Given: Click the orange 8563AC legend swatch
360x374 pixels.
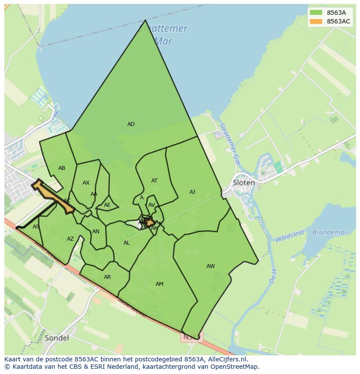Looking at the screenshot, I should [x=317, y=21].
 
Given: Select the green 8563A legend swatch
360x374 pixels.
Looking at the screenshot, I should [x=317, y=13].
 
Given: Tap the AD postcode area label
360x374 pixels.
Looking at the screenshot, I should [x=131, y=124].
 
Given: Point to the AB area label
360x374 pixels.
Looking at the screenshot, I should [x=62, y=168].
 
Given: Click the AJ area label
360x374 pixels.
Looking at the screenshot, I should [x=192, y=192].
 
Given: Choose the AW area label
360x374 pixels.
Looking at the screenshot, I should [x=210, y=266].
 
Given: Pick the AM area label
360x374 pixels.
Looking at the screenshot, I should [x=160, y=284].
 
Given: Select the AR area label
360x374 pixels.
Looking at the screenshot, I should [x=107, y=277].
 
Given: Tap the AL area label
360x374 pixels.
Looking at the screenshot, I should [x=127, y=243].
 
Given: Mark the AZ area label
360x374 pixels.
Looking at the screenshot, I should [x=70, y=239].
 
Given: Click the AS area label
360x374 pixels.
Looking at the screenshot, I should [x=36, y=227].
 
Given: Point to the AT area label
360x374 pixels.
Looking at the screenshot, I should [x=154, y=181].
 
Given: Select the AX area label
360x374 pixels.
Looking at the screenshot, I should [x=86, y=183].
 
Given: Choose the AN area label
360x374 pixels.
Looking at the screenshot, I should [x=96, y=232].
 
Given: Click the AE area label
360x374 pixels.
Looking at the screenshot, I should [x=107, y=205].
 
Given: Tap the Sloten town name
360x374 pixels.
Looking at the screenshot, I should [x=244, y=182].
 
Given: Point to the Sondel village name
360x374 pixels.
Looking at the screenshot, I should [x=57, y=338].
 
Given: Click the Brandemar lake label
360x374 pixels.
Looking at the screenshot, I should [x=330, y=232].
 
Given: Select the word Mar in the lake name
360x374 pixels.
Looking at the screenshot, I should [x=163, y=41].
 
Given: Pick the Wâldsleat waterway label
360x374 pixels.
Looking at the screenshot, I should [x=290, y=237].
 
